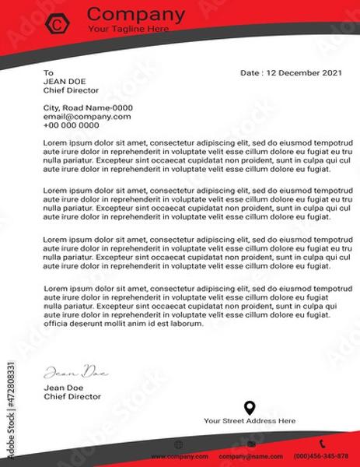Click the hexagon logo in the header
click(57, 24)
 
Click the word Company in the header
click(136, 14)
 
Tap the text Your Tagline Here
click(128, 29)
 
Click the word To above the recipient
click(47, 72)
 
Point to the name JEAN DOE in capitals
click(65, 81)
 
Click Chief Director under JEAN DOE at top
click(72, 90)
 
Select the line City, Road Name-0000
click(88, 108)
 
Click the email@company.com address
click(87, 117)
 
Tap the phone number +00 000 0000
click(72, 125)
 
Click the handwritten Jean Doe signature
click(75, 371)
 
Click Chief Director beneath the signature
click(72, 396)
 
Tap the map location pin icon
click(250, 407)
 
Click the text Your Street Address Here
click(250, 421)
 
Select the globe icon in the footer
click(179, 444)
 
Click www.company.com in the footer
click(179, 456)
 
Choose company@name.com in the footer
click(250, 456)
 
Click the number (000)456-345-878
click(321, 456)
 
